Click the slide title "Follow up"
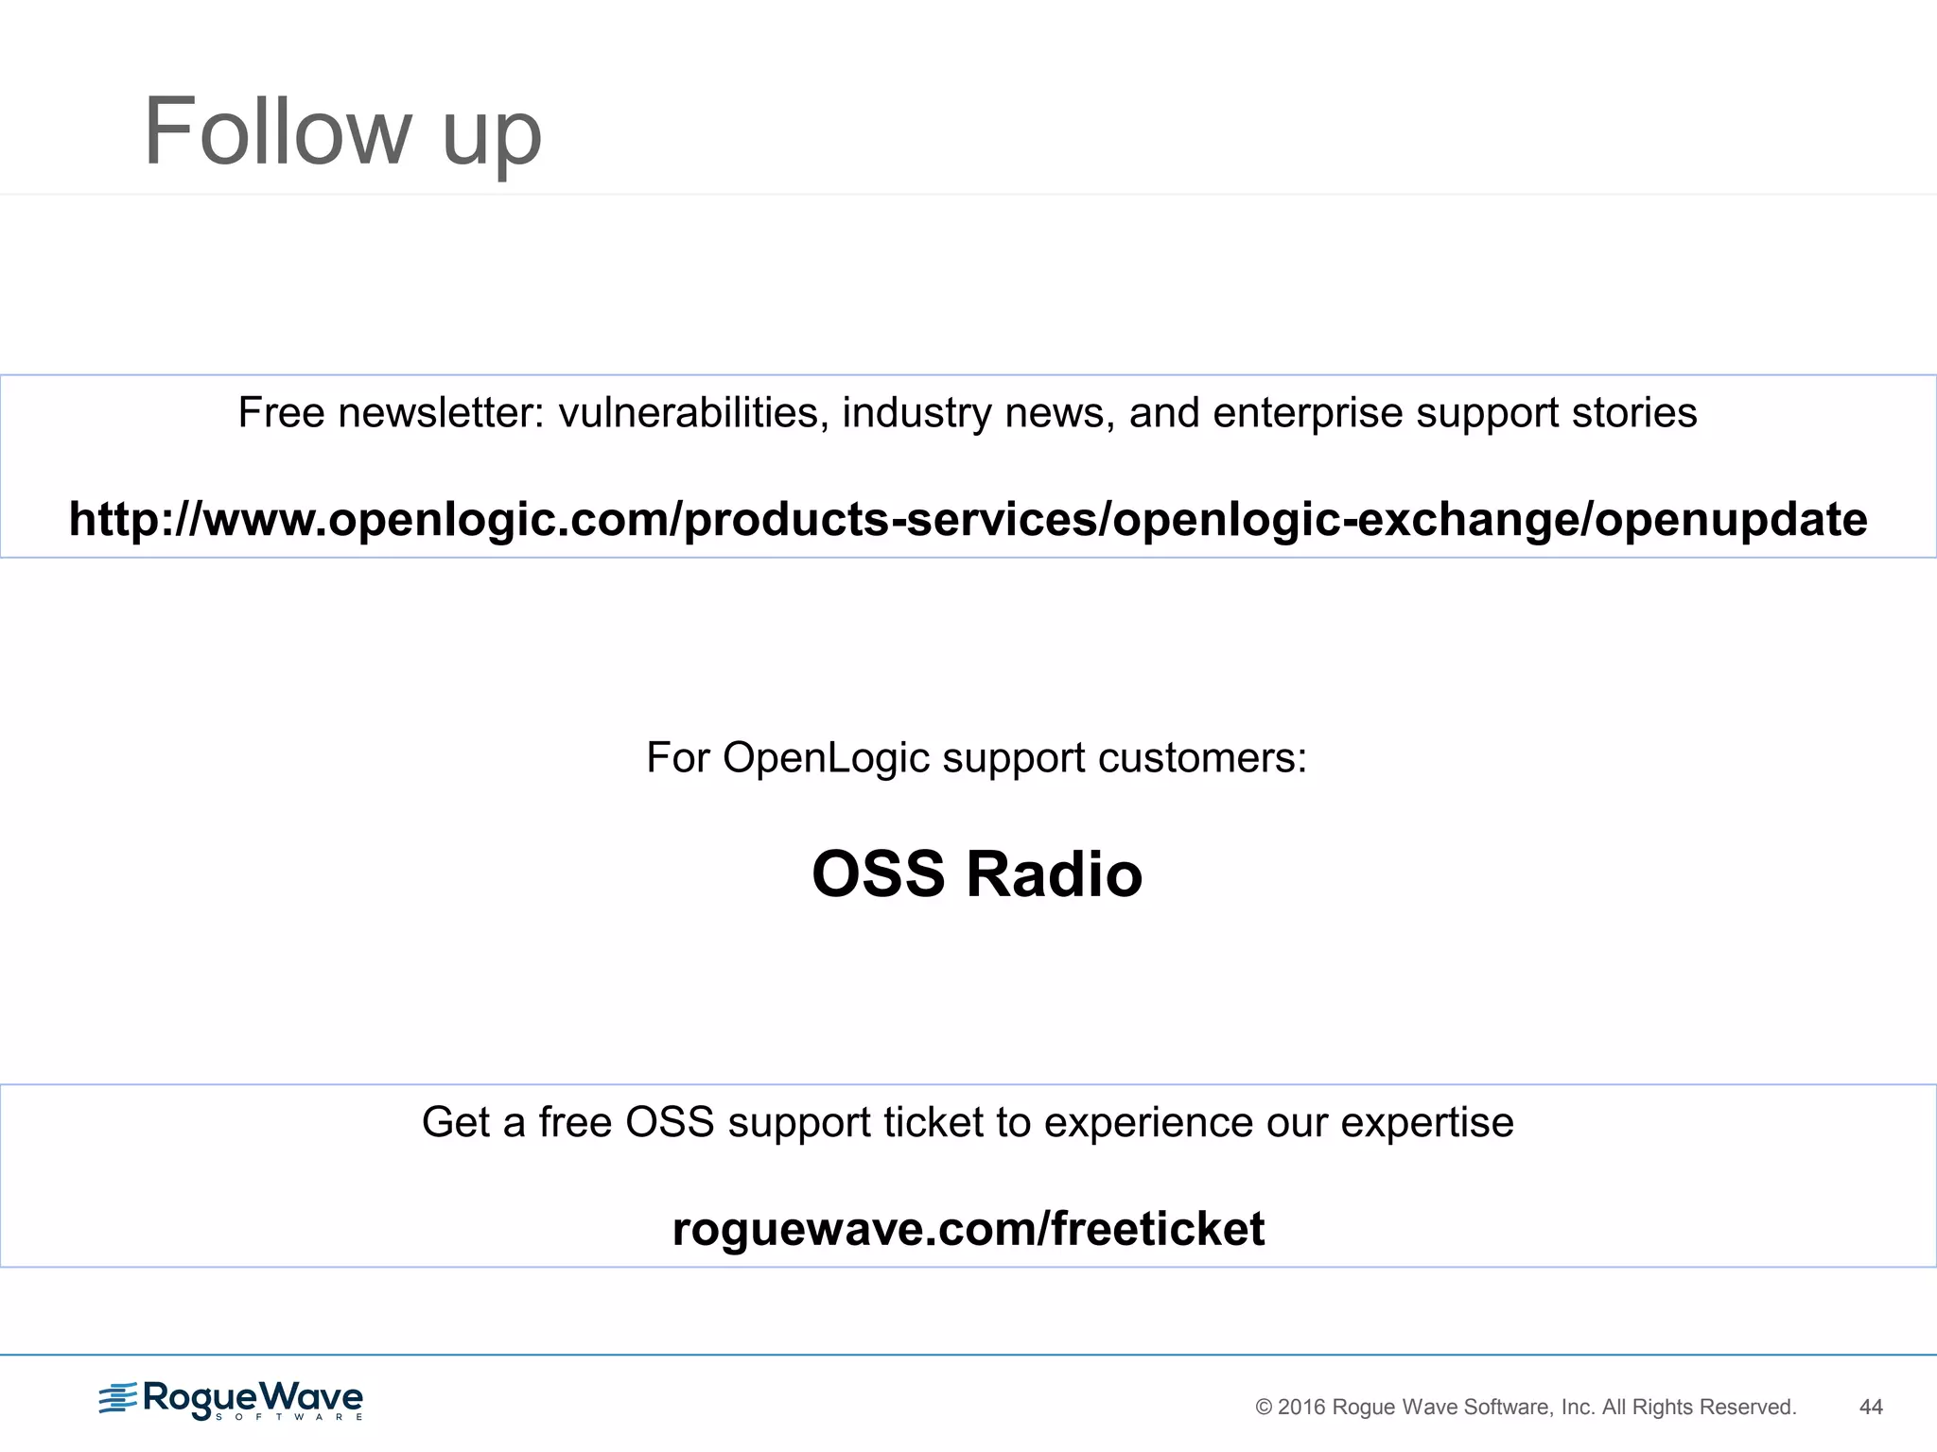coord(342,132)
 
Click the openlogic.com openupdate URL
coord(968,519)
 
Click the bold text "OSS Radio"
coord(977,873)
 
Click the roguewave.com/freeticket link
coord(968,1229)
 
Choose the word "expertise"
coord(1427,1123)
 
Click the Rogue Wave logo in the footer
coord(231,1399)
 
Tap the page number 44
coord(1871,1408)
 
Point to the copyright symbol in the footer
coord(1264,1409)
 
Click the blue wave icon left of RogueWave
coord(118,1398)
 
